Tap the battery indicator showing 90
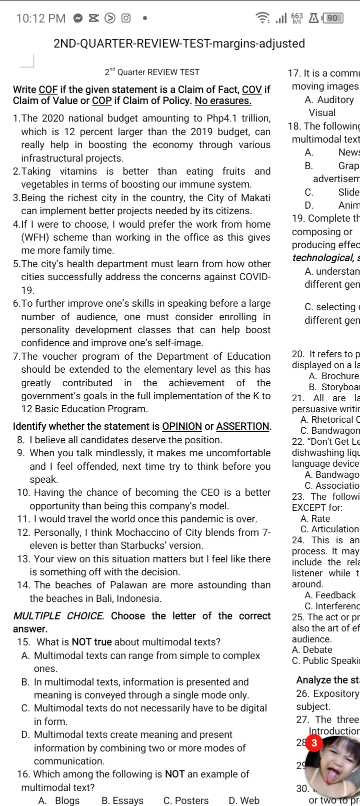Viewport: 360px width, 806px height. click(x=334, y=19)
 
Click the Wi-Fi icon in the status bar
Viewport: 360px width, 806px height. click(x=262, y=19)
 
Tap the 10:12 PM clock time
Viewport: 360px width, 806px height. click(x=40, y=19)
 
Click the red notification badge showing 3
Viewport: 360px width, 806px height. click(x=314, y=743)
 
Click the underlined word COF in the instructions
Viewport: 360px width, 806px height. click(x=48, y=90)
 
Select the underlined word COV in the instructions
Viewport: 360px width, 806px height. click(x=252, y=90)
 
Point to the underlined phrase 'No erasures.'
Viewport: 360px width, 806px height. click(x=223, y=101)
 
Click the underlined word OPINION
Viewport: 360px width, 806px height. click(x=182, y=427)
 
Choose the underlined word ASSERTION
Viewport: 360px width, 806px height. click(x=243, y=427)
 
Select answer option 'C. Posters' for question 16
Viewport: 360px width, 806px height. click(x=186, y=800)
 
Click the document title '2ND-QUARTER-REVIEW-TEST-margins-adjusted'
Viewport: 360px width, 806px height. click(x=179, y=44)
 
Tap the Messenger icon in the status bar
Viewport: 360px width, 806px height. click(x=78, y=19)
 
